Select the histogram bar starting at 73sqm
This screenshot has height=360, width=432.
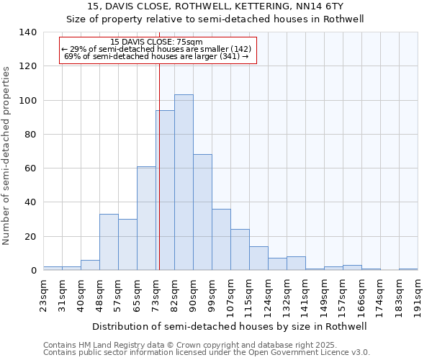165,190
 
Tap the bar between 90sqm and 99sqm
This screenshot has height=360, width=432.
202,212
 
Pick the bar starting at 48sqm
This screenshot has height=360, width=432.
109,242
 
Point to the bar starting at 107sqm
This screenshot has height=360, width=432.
240,250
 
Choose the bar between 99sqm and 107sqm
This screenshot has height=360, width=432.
221,240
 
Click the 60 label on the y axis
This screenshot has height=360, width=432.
31,168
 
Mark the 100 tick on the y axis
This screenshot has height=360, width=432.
28,100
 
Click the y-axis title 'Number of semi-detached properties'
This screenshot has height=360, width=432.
7,156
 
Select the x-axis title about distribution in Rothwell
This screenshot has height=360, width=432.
230,326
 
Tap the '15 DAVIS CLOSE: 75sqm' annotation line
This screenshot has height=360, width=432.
157,42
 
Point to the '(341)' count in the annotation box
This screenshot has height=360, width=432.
230,55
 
